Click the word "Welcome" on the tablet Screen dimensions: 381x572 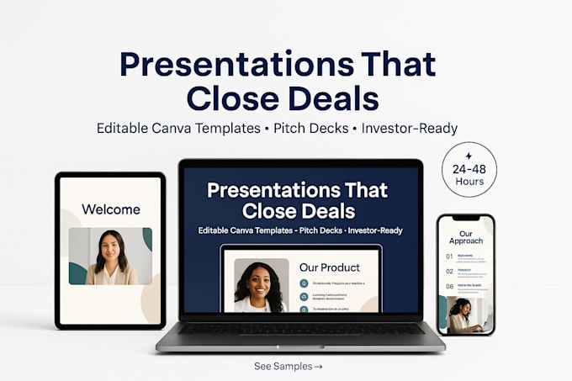pos(110,209)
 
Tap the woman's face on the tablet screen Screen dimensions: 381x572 pos(111,246)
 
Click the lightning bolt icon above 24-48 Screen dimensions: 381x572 pos(469,156)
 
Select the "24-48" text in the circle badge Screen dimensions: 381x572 pos(469,168)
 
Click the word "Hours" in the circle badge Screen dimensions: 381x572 pos(469,181)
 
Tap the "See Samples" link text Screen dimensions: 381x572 pos(280,366)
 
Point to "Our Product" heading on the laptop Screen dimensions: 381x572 pos(329,267)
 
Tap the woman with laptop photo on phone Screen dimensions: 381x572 pos(463,313)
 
